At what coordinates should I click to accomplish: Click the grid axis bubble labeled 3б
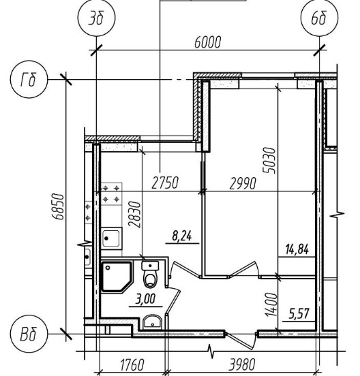pyautogui.click(x=97, y=18)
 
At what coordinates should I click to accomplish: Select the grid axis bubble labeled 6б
pyautogui.click(x=320, y=18)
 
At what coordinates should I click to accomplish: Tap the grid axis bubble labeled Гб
pyautogui.click(x=29, y=80)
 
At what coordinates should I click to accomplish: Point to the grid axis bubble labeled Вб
pyautogui.click(x=29, y=334)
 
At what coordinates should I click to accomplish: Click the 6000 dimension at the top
pyautogui.click(x=207, y=42)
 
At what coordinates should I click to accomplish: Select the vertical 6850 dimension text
pyautogui.click(x=59, y=206)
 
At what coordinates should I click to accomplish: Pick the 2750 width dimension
pyautogui.click(x=166, y=183)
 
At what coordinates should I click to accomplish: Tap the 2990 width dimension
pyautogui.click(x=243, y=183)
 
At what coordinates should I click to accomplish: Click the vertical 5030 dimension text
pyautogui.click(x=269, y=160)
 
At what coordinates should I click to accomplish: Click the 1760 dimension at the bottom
pyautogui.click(x=132, y=364)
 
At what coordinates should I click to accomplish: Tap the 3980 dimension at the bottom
pyautogui.click(x=241, y=364)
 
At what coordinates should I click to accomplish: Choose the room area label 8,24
pyautogui.click(x=182, y=236)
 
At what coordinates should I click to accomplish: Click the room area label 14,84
pyautogui.click(x=297, y=249)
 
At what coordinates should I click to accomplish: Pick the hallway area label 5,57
pyautogui.click(x=299, y=314)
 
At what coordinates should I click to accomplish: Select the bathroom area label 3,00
pyautogui.click(x=146, y=299)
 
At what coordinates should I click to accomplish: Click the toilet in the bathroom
pyautogui.click(x=151, y=274)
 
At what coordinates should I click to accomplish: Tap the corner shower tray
pyautogui.click(x=117, y=277)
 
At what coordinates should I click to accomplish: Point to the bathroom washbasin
pyautogui.click(x=153, y=322)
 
